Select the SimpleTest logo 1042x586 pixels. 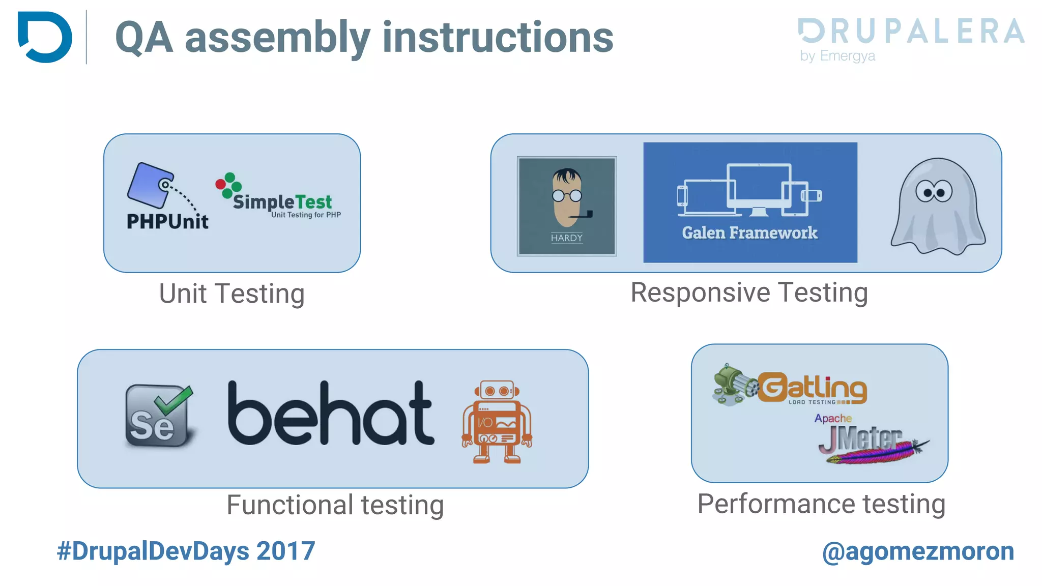[278, 197]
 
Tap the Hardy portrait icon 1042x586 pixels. [566, 206]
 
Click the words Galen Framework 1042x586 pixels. [749, 233]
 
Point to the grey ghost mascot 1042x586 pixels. [938, 206]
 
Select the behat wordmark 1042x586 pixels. [331, 414]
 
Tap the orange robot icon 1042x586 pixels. [497, 422]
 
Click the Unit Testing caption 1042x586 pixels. [232, 294]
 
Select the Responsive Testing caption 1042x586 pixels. [749, 292]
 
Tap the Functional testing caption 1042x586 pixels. [335, 505]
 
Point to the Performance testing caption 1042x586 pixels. [821, 504]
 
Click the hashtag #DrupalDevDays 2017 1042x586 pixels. [186, 551]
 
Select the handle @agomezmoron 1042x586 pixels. [918, 551]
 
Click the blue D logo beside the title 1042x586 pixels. [45, 37]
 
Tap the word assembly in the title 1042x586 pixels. [278, 38]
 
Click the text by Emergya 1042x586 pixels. [837, 55]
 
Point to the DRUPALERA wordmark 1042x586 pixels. [911, 31]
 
